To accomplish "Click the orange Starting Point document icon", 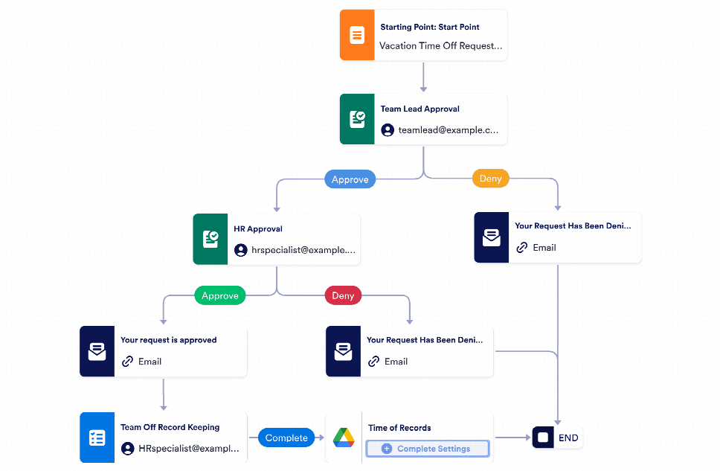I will click(357, 35).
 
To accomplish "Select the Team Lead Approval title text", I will click(420, 109).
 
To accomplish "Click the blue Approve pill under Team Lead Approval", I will click(350, 179).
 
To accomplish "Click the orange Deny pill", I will click(490, 179).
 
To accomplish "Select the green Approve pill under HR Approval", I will click(220, 295).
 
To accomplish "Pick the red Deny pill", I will click(343, 295).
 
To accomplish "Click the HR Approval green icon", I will click(210, 240).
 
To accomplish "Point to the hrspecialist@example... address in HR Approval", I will click(303, 251).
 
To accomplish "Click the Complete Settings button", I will click(427, 449).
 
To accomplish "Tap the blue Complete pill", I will click(286, 438).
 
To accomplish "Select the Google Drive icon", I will click(343, 438).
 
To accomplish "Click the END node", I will click(558, 438).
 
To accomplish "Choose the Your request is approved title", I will click(169, 340).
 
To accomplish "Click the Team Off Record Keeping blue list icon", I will click(97, 438).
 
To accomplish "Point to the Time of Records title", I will click(399, 428).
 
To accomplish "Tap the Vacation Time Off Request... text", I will click(440, 45).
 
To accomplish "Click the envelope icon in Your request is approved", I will click(97, 351).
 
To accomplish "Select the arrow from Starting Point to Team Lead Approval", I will click(423, 77).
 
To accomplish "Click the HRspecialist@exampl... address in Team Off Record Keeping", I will click(189, 449).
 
